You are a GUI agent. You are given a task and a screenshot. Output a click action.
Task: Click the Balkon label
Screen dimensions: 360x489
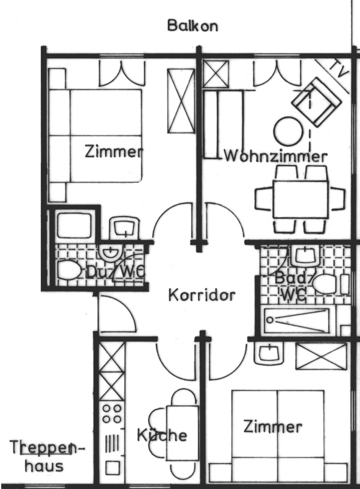click(193, 26)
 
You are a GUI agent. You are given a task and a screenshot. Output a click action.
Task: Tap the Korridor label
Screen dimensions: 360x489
click(202, 295)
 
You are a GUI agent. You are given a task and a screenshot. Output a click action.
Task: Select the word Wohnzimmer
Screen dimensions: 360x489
click(276, 156)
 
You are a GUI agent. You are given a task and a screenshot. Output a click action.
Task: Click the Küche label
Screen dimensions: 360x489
click(162, 435)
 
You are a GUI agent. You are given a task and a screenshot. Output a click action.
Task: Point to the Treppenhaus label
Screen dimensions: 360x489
click(47, 456)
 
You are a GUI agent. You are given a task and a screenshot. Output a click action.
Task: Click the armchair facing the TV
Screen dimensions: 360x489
click(316, 101)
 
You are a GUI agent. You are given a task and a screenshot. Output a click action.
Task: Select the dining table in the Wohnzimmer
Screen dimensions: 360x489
click(301, 199)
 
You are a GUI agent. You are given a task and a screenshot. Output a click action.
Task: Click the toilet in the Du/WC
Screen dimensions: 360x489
click(69, 270)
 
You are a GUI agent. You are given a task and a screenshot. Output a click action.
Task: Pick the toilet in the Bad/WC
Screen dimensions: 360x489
click(325, 284)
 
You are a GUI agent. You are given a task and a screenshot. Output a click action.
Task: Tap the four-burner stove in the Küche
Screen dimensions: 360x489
click(112, 413)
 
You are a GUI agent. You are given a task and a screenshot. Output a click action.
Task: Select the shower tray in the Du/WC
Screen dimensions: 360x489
click(74, 226)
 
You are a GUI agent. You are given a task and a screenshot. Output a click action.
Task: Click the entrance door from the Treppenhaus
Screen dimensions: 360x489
click(117, 313)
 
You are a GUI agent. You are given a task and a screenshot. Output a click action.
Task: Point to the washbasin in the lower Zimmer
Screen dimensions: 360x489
click(269, 353)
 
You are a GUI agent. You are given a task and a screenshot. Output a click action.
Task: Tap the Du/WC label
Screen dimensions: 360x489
click(115, 272)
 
